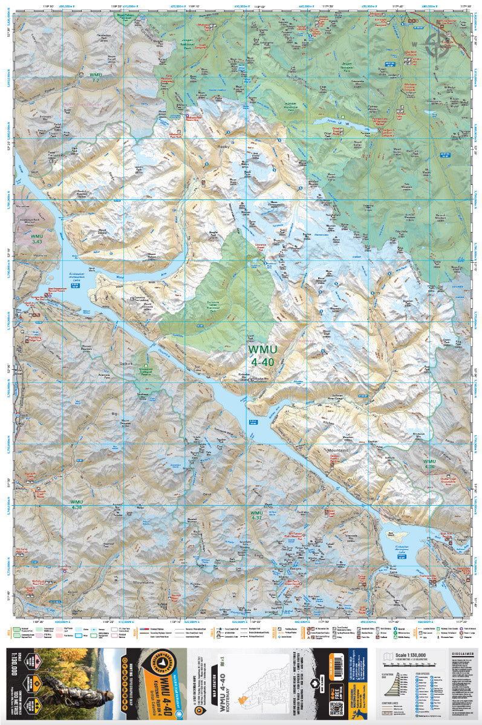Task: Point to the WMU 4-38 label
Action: pyautogui.click(x=76, y=504)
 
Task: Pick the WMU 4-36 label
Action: pyautogui.click(x=429, y=464)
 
